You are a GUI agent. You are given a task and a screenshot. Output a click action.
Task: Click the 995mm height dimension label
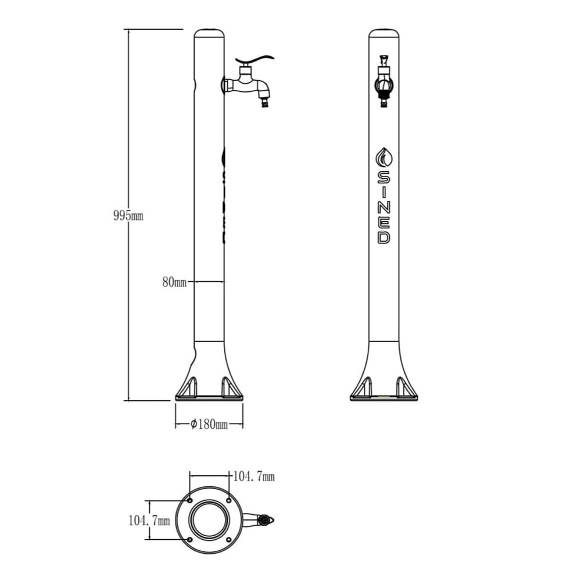128,216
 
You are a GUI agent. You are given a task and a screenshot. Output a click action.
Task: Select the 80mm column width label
174,283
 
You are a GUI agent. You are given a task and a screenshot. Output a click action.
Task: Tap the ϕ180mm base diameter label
209,424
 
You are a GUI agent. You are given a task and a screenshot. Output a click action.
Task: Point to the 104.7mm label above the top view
253,477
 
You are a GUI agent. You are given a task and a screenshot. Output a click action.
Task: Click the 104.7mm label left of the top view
149,521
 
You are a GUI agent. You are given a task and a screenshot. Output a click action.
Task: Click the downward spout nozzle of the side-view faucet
266,103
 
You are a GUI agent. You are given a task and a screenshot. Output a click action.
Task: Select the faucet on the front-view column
384,81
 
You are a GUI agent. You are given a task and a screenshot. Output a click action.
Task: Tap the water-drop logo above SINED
383,157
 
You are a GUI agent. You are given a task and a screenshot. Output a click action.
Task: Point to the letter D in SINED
383,237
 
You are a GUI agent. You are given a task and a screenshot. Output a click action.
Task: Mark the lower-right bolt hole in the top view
228,540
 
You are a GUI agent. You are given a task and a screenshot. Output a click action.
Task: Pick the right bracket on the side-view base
227,386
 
